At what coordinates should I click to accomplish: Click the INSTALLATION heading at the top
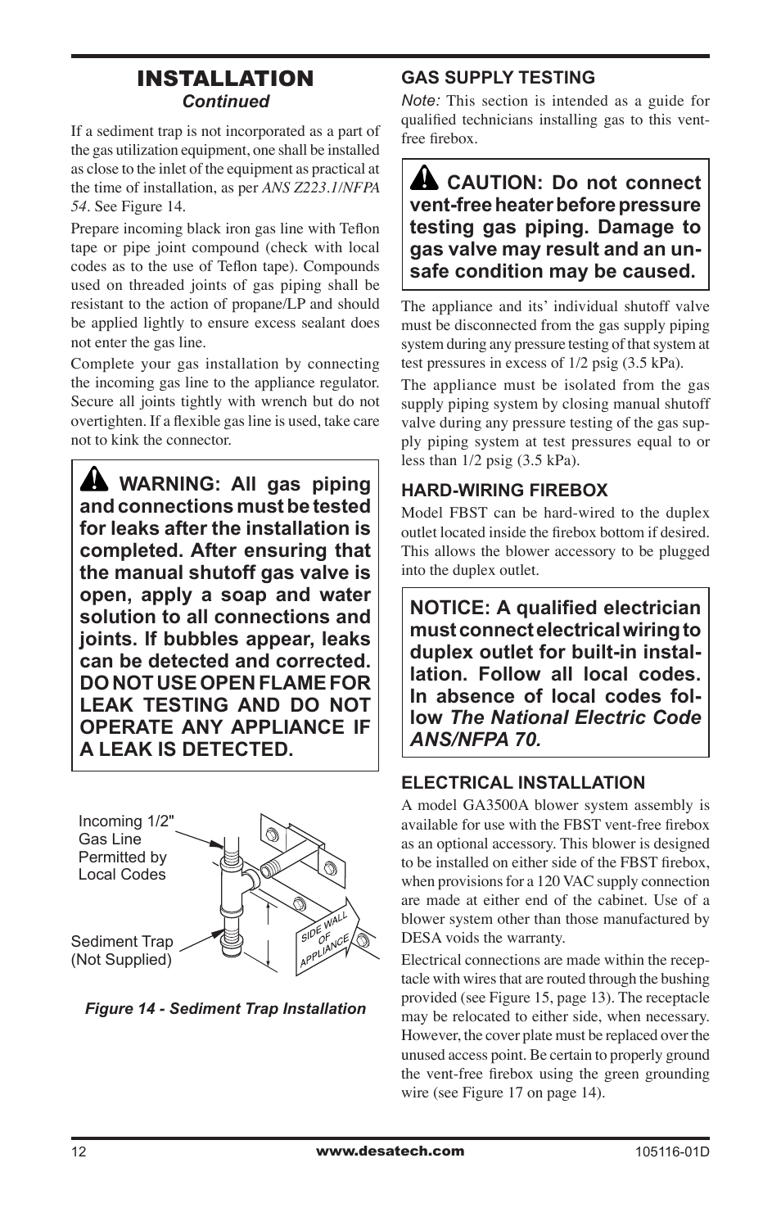coord(225,79)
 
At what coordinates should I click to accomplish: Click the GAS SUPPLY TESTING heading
coord(498,78)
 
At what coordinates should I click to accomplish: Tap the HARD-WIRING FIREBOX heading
coord(504,491)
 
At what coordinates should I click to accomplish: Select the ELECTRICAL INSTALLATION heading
coord(523,783)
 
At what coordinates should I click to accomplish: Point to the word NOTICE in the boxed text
coord(448,609)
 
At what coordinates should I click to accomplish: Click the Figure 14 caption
coord(225,1009)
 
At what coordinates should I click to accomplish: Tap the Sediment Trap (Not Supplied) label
coord(122,951)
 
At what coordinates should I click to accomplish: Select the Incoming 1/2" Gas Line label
coord(126,830)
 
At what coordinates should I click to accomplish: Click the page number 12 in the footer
coord(78,1151)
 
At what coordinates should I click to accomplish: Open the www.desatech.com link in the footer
coord(390,1151)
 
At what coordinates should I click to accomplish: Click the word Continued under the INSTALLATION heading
coord(225,102)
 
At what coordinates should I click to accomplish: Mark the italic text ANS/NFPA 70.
coord(475,740)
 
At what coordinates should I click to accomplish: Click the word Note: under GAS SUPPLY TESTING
coord(421,101)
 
